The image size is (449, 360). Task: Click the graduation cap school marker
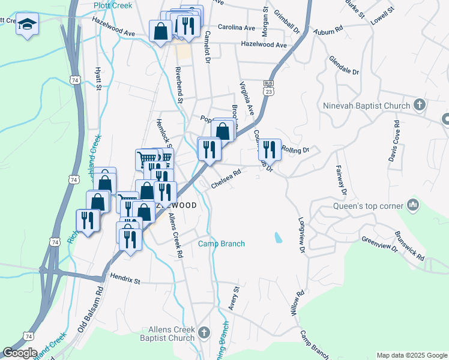26,25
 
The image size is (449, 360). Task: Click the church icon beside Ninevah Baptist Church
420,106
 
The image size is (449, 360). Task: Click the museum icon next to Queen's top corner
412,205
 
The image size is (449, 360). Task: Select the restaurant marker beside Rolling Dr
270,149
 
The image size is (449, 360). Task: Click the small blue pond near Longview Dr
278,238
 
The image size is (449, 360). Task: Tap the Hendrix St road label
125,280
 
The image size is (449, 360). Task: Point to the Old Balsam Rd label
91,310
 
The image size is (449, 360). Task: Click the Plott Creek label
113,5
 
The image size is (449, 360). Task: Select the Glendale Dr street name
343,66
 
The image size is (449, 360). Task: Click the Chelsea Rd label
226,179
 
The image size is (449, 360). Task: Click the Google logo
20,353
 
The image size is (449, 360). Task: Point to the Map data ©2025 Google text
412,355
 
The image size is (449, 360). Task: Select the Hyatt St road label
98,79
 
